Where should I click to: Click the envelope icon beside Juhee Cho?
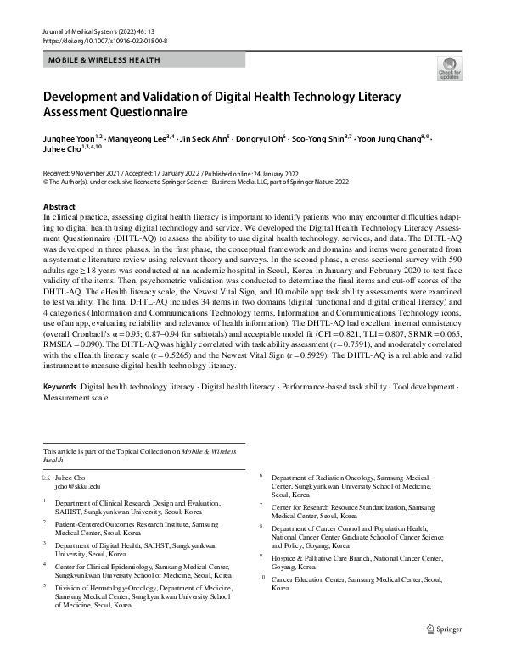48,478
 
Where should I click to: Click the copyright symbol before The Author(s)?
46,181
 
